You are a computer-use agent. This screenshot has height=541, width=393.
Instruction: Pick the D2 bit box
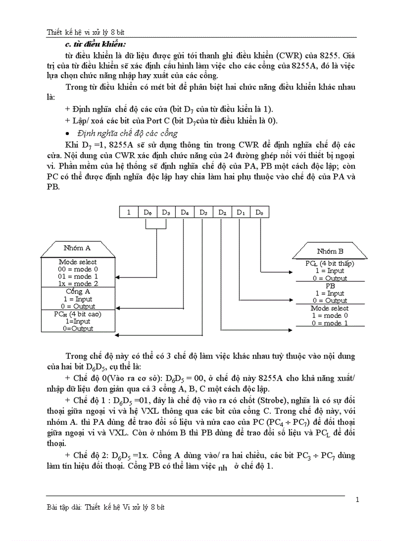pyautogui.click(x=223, y=211)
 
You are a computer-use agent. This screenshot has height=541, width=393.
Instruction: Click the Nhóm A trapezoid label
pyautogui.click(x=78, y=249)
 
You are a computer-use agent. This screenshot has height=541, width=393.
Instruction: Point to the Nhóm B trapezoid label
pyautogui.click(x=330, y=251)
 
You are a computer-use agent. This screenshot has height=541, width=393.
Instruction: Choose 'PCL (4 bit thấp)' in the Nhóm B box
pyautogui.click(x=330, y=264)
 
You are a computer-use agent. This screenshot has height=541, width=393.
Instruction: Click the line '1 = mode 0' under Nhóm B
pyautogui.click(x=330, y=316)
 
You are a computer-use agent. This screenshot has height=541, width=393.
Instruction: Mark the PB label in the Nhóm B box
pyautogui.click(x=330, y=286)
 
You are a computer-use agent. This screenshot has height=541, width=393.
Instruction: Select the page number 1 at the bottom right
pyautogui.click(x=357, y=499)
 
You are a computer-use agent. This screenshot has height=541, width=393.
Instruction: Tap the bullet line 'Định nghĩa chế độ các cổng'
pyautogui.click(x=128, y=133)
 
